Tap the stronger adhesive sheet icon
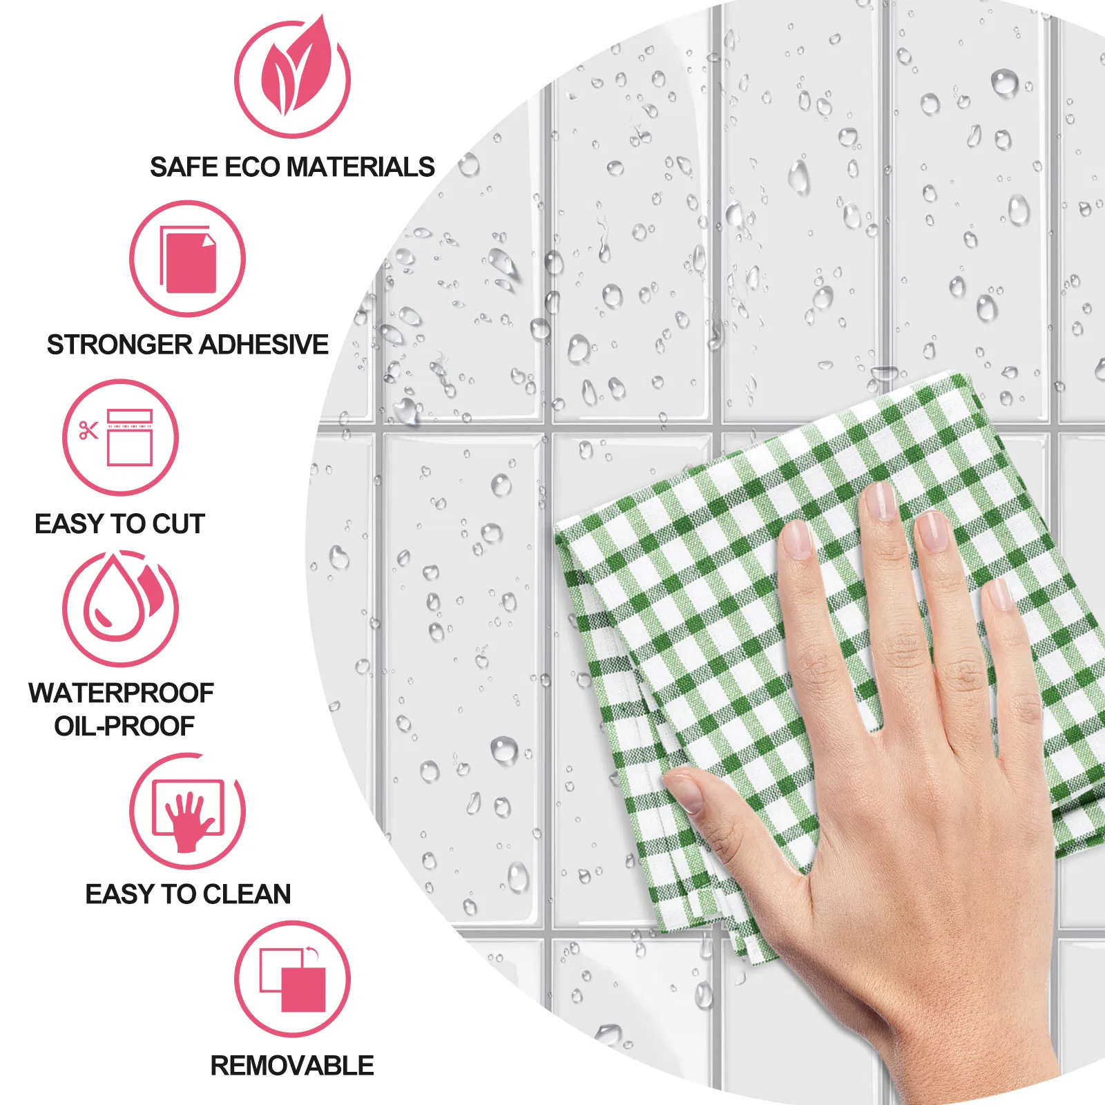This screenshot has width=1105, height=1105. pyautogui.click(x=188, y=259)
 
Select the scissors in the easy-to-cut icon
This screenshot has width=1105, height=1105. pyautogui.click(x=88, y=431)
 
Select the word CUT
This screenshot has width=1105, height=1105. pyautogui.click(x=179, y=524)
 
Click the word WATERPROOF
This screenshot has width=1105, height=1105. pyautogui.click(x=121, y=693)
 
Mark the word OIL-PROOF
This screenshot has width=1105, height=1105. pyautogui.click(x=124, y=726)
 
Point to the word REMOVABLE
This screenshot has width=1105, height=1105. pyautogui.click(x=292, y=1066)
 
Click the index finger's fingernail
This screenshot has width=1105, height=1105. pyautogui.click(x=798, y=539)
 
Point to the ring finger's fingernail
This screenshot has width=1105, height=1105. pyautogui.click(x=932, y=531)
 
